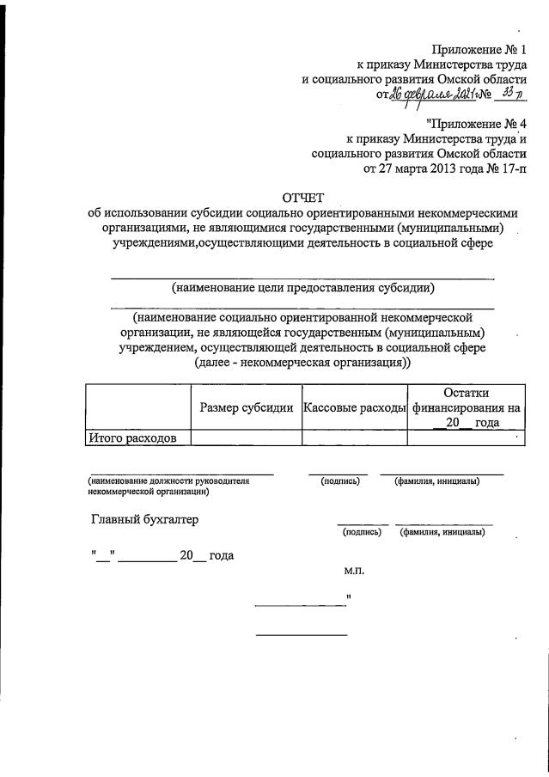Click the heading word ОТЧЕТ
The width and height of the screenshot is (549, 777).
point(302,197)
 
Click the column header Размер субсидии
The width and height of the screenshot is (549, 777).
point(247,407)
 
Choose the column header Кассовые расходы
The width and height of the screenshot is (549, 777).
point(354,407)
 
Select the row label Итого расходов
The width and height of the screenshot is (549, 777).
point(133,438)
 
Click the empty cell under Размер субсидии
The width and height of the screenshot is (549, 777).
point(246,438)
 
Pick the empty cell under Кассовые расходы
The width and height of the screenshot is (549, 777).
point(354,438)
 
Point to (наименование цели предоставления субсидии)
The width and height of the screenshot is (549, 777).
point(302,287)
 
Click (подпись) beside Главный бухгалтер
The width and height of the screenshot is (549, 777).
point(363,534)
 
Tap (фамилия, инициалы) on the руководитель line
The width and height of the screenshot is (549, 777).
point(436,481)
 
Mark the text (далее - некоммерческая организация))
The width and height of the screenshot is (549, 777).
point(302,363)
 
